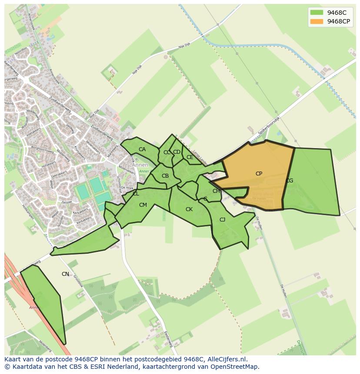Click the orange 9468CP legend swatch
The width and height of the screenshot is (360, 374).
click(x=317, y=21)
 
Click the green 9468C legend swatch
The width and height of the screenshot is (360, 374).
click(x=317, y=12)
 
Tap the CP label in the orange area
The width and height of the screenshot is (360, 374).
click(x=259, y=174)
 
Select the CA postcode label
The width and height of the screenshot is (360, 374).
click(x=142, y=149)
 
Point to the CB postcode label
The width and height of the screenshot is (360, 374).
click(x=165, y=176)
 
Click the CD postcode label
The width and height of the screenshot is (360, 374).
click(x=177, y=152)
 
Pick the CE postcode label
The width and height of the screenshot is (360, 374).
click(x=190, y=157)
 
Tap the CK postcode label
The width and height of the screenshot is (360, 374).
click(x=189, y=209)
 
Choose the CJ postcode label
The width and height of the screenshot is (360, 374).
click(x=222, y=220)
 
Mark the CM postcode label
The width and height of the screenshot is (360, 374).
click(x=143, y=205)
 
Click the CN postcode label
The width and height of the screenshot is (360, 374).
click(x=65, y=274)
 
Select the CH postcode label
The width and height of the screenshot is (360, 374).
click(x=216, y=191)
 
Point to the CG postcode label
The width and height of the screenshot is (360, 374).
click(x=289, y=181)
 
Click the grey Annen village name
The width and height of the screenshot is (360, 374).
click(x=140, y=165)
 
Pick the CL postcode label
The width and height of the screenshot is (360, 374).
click(x=136, y=194)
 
